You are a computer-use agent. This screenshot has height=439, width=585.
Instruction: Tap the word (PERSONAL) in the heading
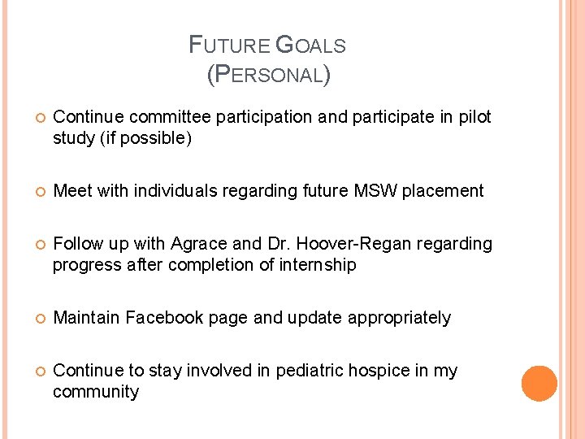click(x=268, y=75)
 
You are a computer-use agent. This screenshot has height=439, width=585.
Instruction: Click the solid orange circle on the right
click(x=539, y=383)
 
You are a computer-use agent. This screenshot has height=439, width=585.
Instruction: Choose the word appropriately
click(x=399, y=318)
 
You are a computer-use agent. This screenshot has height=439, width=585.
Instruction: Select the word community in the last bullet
click(x=96, y=392)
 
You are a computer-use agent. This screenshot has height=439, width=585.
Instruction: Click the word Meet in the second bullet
click(x=71, y=191)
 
